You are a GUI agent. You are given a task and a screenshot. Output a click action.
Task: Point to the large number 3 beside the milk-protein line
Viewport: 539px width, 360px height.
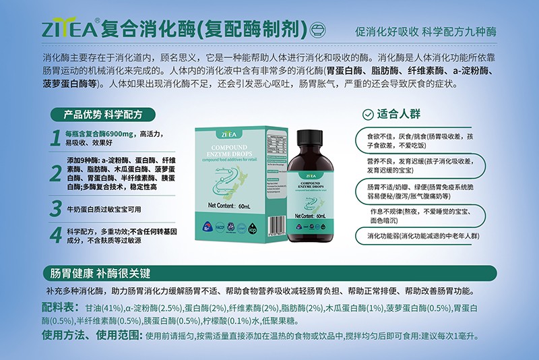56,208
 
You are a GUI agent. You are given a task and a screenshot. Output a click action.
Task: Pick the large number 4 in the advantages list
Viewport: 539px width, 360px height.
56,234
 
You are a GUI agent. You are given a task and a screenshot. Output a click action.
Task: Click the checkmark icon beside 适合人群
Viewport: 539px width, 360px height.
368,115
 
